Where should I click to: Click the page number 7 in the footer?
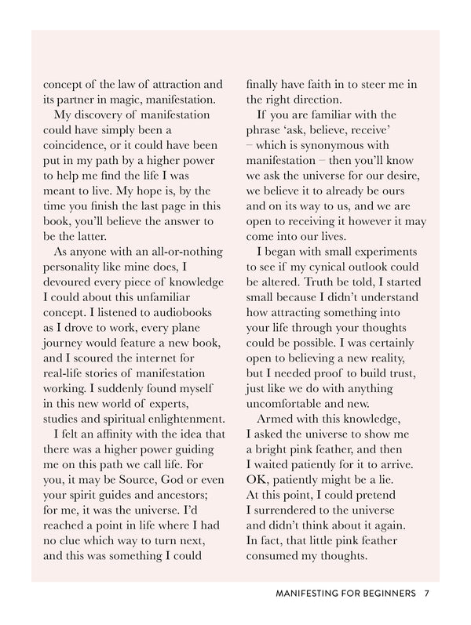(426, 594)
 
